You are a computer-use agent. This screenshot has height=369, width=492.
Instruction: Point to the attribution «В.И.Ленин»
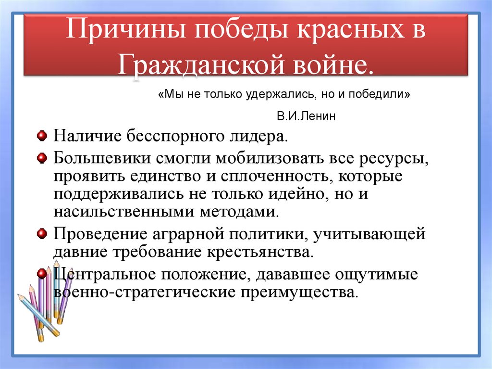click(306, 116)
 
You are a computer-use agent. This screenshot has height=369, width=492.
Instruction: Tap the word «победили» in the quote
click(379, 94)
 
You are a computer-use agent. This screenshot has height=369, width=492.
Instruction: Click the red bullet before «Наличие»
click(42, 136)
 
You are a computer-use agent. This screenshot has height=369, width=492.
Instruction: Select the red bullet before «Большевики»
click(42, 157)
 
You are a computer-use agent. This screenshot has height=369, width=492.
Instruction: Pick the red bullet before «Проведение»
click(42, 233)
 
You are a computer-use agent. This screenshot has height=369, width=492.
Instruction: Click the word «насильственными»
click(124, 212)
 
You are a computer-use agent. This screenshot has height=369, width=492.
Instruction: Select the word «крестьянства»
click(260, 252)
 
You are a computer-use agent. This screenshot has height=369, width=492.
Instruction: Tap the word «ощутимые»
click(376, 274)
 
